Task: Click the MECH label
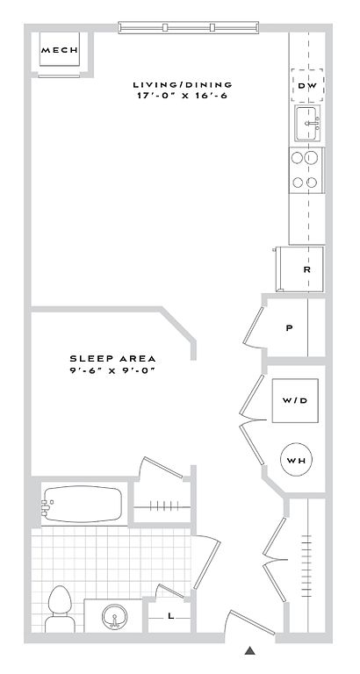[x=60, y=50]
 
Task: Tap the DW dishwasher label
[x=307, y=85]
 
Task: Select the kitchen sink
[x=307, y=123]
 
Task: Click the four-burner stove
[x=306, y=169]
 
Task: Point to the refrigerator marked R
[x=299, y=269]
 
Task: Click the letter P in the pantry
[x=290, y=328]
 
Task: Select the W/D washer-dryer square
[x=295, y=400]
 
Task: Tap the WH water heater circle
[x=296, y=461]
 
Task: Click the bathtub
[x=82, y=504]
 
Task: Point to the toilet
[x=61, y=609]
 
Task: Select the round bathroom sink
[x=114, y=617]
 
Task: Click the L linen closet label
[x=170, y=616]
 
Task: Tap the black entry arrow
[x=250, y=650]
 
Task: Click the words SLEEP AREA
[x=112, y=358]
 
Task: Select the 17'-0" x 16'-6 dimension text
[x=182, y=96]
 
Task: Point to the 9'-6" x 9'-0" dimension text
[x=112, y=370]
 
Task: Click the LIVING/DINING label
[x=183, y=84]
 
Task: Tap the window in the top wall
[x=189, y=27]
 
